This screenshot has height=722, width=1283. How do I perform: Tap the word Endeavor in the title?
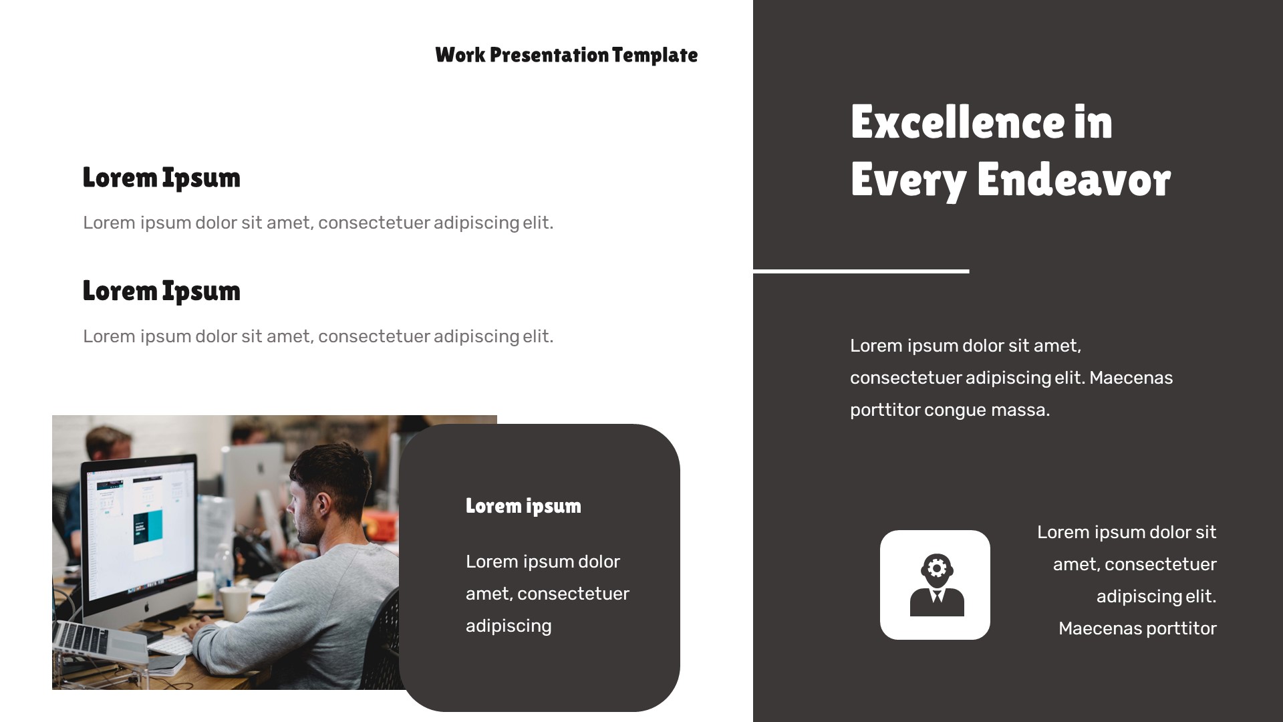pyautogui.click(x=1073, y=180)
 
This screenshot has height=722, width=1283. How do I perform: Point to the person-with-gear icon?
pyautogui.click(x=936, y=585)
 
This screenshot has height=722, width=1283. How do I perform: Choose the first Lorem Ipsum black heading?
pyautogui.click(x=161, y=178)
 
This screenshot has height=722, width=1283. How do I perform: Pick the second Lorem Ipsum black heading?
pyautogui.click(x=161, y=291)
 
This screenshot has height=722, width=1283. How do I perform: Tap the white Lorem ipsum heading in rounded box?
pyautogui.click(x=523, y=506)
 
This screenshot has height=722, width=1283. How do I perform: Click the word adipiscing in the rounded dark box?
pyautogui.click(x=509, y=626)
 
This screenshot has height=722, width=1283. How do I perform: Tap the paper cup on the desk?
pyautogui.click(x=235, y=603)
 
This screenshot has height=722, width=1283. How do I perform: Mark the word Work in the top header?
pyautogui.click(x=460, y=55)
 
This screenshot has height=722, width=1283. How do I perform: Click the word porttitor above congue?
pyautogui.click(x=885, y=410)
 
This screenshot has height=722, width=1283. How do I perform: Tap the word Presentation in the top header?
pyautogui.click(x=549, y=55)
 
